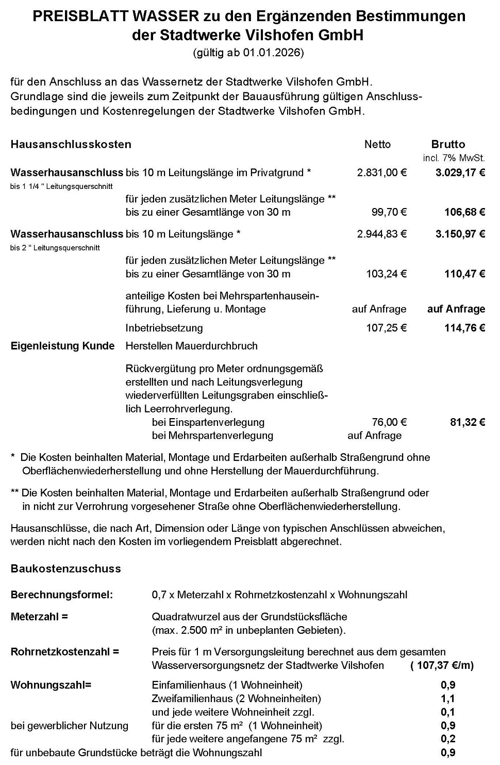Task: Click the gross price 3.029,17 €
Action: (460, 172)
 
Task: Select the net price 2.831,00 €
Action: (381, 172)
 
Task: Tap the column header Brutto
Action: (448, 145)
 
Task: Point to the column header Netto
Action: (377, 145)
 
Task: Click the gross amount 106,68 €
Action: (464, 212)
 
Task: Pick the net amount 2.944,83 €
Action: (381, 234)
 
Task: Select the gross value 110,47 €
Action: (464, 274)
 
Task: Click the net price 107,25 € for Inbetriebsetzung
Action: (386, 328)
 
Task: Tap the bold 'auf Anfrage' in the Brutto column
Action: (456, 309)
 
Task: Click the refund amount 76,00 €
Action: (389, 422)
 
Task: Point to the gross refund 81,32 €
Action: (468, 422)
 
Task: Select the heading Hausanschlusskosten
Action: (71, 145)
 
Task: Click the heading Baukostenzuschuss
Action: (65, 569)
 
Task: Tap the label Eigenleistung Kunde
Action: (62, 346)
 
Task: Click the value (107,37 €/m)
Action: (442, 665)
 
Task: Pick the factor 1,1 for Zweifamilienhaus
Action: (448, 699)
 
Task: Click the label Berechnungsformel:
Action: (61, 595)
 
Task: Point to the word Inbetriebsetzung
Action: (164, 328)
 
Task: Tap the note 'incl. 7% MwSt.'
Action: (454, 158)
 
